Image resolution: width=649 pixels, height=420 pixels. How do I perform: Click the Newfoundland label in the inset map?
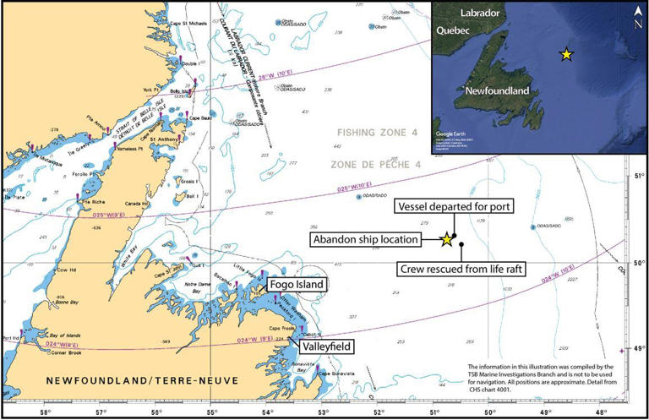pyautogui.click(x=497, y=90)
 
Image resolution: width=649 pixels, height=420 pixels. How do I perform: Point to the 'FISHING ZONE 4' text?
pyautogui.click(x=377, y=133)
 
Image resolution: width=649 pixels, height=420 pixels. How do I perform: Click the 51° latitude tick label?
pyautogui.click(x=638, y=176)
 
